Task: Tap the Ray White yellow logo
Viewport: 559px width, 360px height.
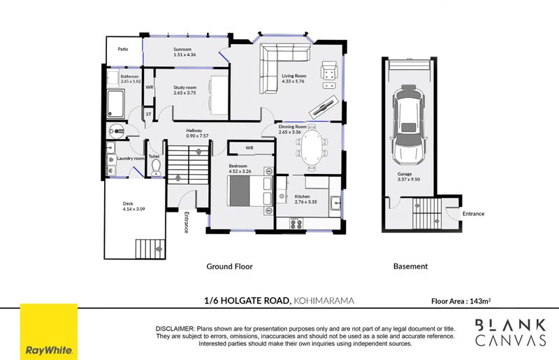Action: point(48,331)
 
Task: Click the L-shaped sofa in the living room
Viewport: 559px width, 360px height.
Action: point(283,63)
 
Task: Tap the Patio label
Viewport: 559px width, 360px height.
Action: point(123,50)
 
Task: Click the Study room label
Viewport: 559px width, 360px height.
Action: point(185,87)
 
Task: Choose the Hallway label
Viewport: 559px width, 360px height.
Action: point(194,131)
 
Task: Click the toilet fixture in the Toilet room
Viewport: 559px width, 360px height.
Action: point(156,166)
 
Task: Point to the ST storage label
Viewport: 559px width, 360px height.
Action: point(148,113)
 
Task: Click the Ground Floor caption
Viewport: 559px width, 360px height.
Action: point(229,266)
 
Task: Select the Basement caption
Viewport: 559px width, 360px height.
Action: point(410,266)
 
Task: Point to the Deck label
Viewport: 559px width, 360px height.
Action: point(127,205)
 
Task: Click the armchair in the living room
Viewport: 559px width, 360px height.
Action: point(328,71)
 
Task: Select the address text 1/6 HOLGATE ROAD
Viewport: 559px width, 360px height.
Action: point(246,301)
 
